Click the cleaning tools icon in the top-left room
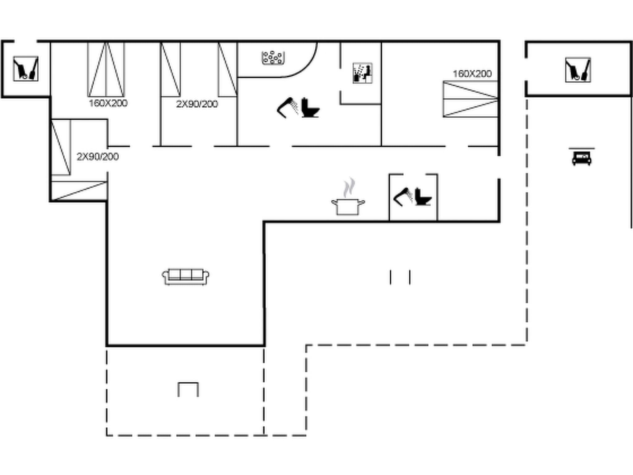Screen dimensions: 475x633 coord(26,69)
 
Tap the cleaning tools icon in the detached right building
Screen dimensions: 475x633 coord(578,70)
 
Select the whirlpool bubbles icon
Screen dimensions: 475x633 coord(273,58)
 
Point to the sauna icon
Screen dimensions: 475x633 coord(362,73)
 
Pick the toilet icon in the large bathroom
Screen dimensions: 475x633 coord(310,108)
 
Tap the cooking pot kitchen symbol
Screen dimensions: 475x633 coord(348,206)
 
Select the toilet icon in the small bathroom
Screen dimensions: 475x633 coord(422,197)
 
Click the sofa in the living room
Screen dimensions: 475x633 coord(185,276)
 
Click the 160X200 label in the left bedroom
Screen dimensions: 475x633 coord(108,103)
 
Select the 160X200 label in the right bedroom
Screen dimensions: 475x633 coord(472,74)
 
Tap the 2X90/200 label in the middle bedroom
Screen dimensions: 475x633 coord(197,104)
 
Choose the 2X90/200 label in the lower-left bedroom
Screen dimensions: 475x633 coord(98,157)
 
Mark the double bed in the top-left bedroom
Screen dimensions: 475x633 coord(106,70)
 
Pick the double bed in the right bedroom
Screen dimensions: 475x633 coord(470,99)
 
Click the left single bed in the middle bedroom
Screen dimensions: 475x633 coord(170,70)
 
